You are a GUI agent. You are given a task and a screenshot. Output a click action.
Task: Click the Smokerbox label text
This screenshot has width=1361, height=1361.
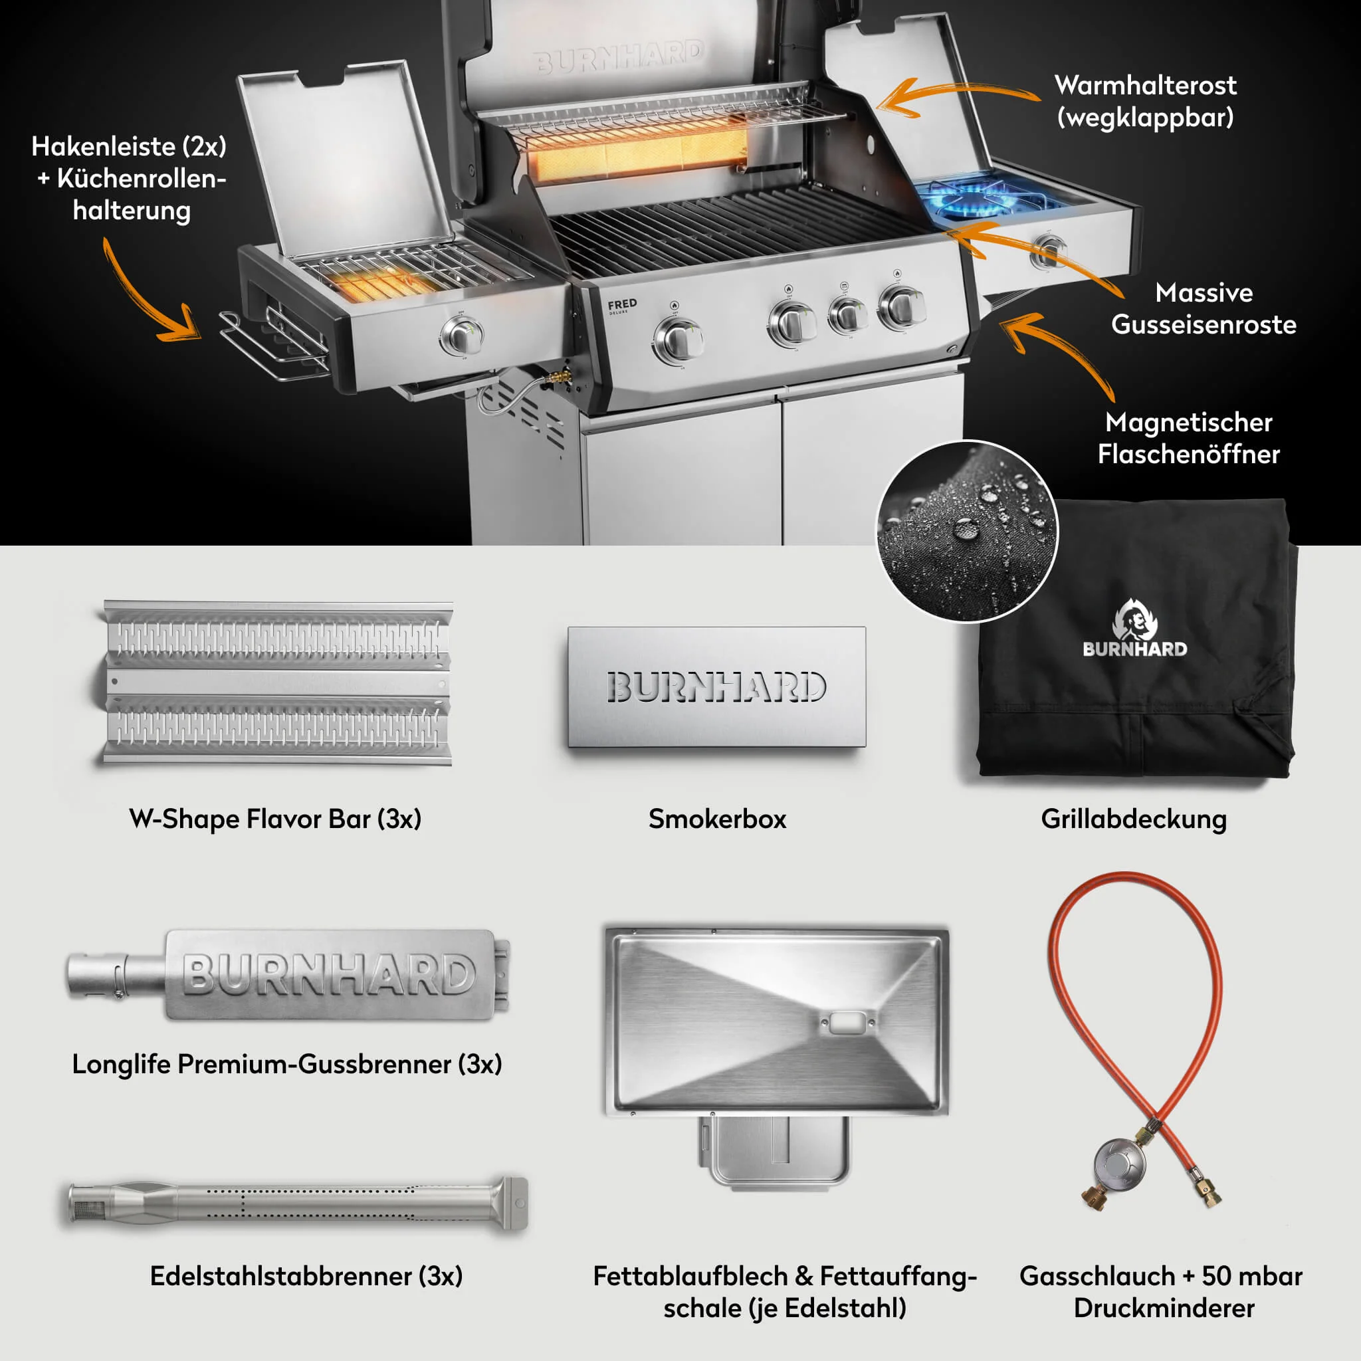point(717,819)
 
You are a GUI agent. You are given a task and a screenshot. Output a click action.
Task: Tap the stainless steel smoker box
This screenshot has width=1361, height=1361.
point(716,687)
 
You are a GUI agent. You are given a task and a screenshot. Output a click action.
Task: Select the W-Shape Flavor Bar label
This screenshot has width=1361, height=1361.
point(274,819)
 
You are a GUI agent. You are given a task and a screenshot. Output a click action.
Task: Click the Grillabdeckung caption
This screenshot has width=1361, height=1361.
point(1134,819)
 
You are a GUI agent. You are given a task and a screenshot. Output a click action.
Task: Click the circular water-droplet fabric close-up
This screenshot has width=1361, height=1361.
point(966,532)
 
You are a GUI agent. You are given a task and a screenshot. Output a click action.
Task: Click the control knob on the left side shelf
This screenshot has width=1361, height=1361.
point(462,336)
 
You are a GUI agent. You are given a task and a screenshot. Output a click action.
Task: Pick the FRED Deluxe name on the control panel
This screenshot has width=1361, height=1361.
point(622,305)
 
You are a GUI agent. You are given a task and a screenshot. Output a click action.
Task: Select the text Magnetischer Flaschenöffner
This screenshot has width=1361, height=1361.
point(1188,437)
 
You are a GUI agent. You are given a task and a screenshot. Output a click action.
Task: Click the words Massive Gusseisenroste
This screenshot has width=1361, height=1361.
point(1204,308)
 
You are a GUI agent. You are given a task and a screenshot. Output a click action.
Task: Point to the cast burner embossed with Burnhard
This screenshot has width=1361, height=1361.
point(310,975)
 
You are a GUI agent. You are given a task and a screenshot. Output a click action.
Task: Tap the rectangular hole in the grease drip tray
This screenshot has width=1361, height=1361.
point(845,1023)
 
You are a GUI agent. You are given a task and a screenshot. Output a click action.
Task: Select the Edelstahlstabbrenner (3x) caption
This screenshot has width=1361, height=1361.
point(306,1276)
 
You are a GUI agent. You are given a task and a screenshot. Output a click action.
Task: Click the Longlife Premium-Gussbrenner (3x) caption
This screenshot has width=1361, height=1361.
point(286,1064)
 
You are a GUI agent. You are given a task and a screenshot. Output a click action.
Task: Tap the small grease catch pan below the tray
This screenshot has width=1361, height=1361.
point(775,1148)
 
